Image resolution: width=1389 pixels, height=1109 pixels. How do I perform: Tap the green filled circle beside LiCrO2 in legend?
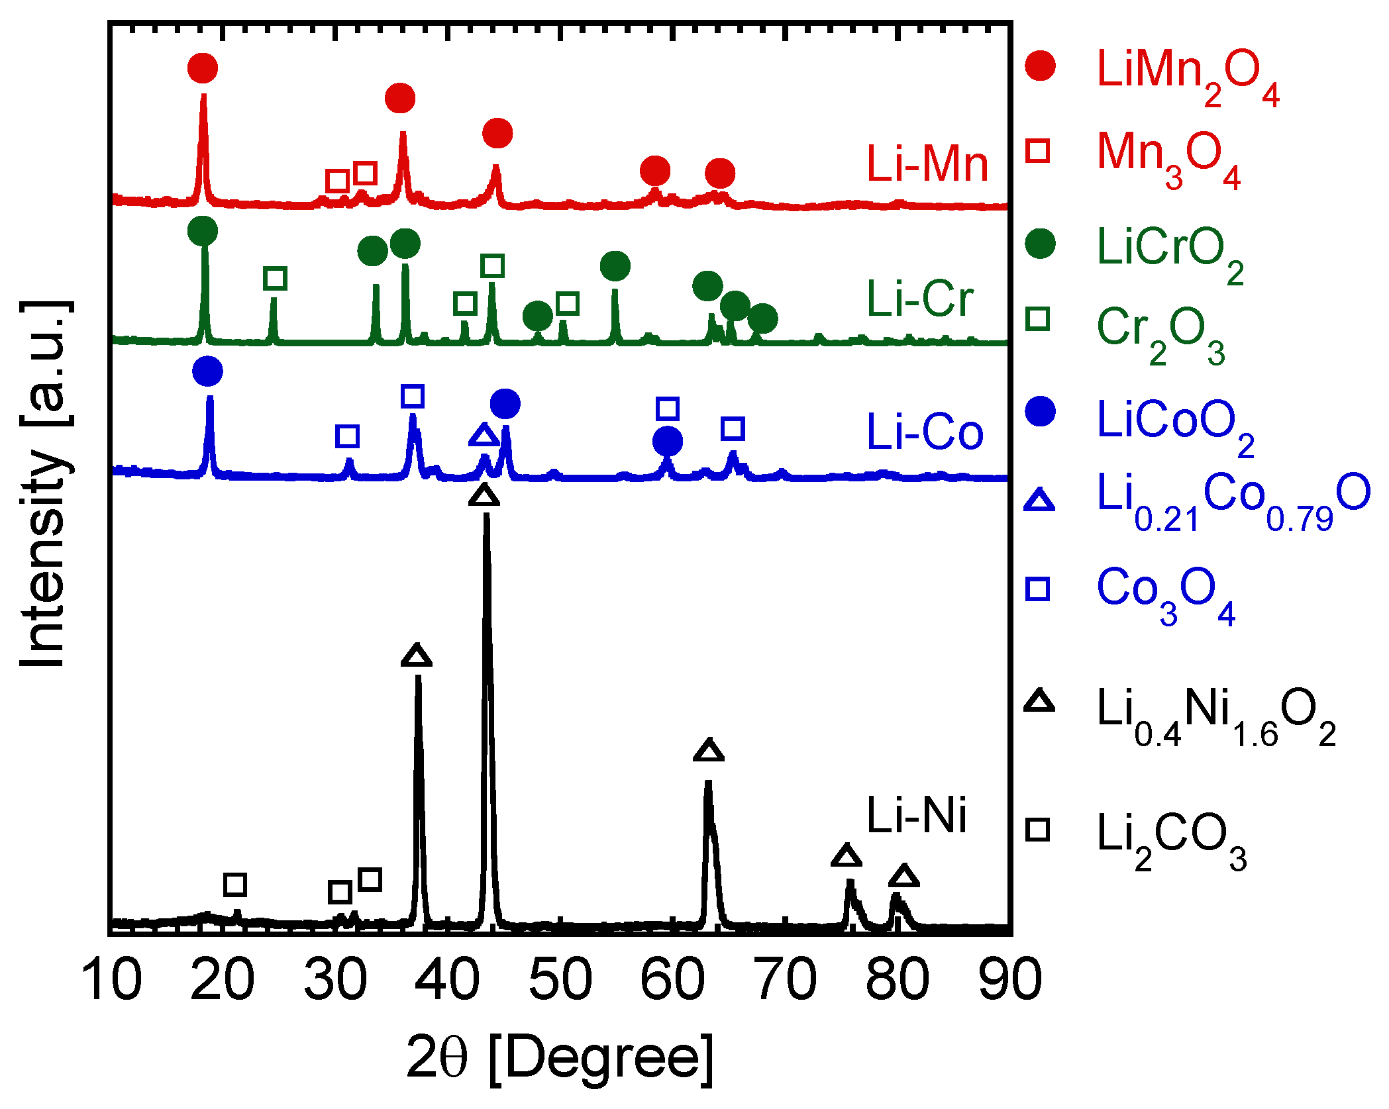[x=1040, y=244]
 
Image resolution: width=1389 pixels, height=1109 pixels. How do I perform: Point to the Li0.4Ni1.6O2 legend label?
[x=1215, y=715]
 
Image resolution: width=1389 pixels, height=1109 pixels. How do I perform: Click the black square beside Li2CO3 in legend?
[x=1038, y=830]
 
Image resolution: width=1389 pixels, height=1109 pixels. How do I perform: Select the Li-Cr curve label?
[x=920, y=299]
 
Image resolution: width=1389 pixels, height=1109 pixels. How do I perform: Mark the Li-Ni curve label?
[x=917, y=815]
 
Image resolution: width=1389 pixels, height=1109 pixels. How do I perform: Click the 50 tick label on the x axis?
[x=560, y=980]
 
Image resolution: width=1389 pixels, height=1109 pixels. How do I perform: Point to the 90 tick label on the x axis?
[x=1010, y=980]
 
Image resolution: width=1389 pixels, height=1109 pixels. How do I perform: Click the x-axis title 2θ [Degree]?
[x=560, y=1058]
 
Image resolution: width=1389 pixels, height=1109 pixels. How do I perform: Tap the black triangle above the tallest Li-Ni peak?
[x=484, y=495]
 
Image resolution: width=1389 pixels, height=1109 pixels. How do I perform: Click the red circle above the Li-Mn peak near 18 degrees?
[x=203, y=68]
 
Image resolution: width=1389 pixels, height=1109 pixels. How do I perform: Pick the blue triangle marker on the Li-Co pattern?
[x=484, y=436]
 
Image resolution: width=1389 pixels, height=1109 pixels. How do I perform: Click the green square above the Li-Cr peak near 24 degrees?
[x=275, y=278]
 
